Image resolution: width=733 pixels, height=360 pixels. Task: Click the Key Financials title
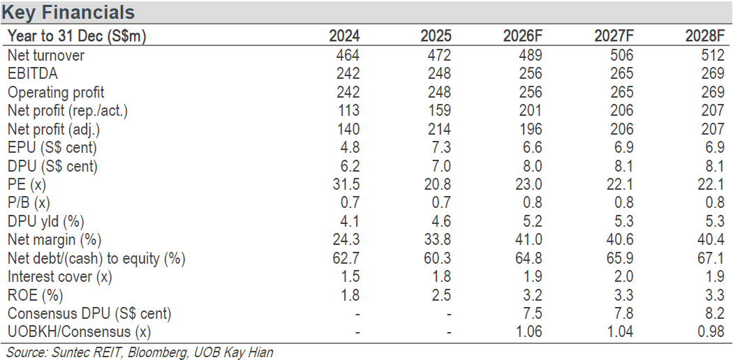[x=68, y=12]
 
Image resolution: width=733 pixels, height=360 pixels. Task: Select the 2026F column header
[x=523, y=36]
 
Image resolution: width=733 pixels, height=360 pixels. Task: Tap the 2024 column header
[x=344, y=36]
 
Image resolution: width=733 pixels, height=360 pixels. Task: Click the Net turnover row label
[x=46, y=55]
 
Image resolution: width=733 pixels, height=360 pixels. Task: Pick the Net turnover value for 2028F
[x=712, y=55]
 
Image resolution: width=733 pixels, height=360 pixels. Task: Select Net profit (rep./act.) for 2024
[x=348, y=110]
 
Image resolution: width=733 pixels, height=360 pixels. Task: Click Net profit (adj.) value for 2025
[x=439, y=129]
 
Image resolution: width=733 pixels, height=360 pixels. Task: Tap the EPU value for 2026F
[x=533, y=147]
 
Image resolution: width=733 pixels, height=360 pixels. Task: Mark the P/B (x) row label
[x=29, y=202]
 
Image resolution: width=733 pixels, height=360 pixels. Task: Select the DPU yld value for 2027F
[x=624, y=221]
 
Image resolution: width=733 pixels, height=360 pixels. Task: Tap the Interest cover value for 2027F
[x=624, y=276]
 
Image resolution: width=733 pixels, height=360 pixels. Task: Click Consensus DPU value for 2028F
[x=716, y=313]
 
